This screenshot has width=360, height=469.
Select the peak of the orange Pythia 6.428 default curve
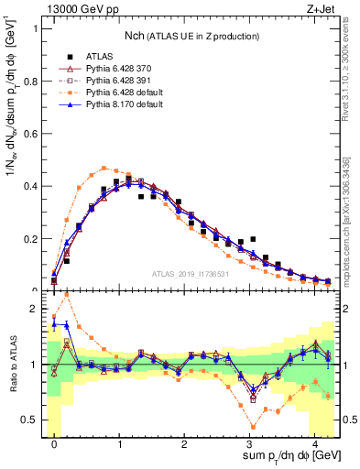point(104,168)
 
